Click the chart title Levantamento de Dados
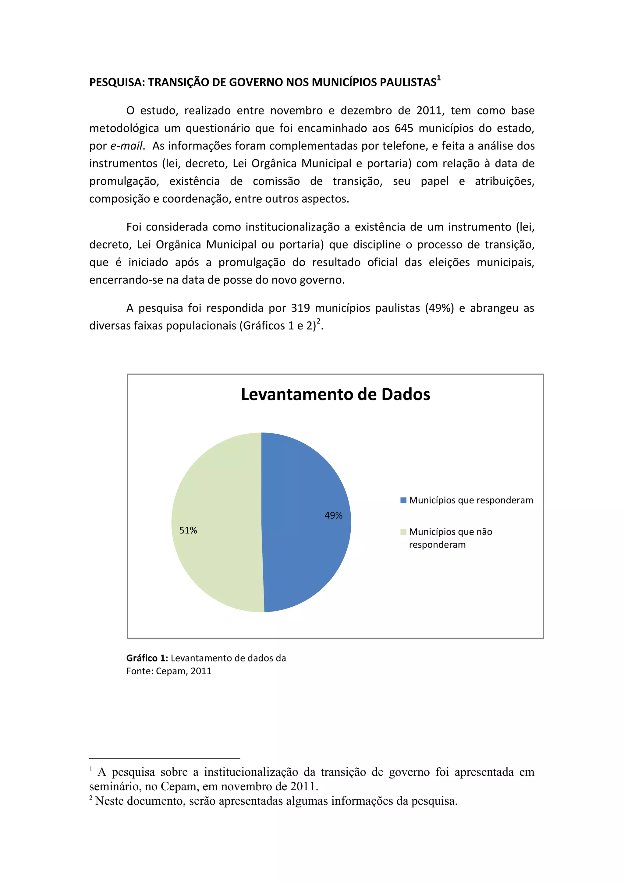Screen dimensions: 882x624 pyautogui.click(x=335, y=394)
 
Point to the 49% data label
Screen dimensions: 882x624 pyautogui.click(x=333, y=516)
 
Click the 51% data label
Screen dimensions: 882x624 pyautogui.click(x=188, y=531)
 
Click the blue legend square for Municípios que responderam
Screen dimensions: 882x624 pyautogui.click(x=403, y=500)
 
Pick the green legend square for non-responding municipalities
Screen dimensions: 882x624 pyautogui.click(x=403, y=532)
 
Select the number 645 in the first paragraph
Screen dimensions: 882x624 pyautogui.click(x=404, y=128)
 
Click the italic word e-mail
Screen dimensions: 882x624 pyautogui.click(x=126, y=146)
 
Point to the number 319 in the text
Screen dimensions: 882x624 pyautogui.click(x=300, y=308)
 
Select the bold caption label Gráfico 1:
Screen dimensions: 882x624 pyautogui.click(x=147, y=658)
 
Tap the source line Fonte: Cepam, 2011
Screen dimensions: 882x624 pyautogui.click(x=169, y=671)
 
